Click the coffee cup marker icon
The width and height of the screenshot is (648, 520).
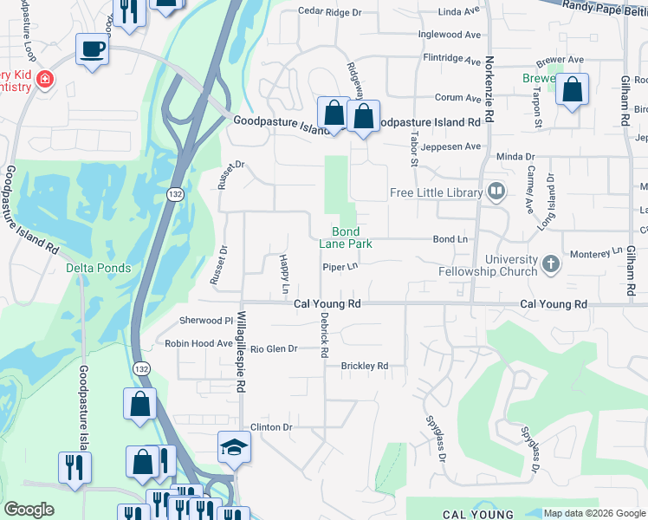[91, 49]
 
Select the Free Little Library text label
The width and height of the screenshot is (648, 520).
[436, 192]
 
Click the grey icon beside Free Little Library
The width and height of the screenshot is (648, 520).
[496, 191]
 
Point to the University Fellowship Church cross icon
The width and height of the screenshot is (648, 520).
[550, 263]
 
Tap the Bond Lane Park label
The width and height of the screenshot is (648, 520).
[352, 237]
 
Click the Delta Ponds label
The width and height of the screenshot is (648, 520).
[99, 268]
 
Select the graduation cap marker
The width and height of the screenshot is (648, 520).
[233, 446]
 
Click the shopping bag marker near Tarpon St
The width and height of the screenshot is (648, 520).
[572, 89]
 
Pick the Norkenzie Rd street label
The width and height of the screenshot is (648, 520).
[489, 89]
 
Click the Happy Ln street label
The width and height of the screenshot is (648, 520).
[284, 272]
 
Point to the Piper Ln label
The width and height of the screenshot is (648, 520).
[340, 268]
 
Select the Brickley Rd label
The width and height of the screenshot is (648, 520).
[364, 366]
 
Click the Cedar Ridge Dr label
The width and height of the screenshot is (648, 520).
[329, 12]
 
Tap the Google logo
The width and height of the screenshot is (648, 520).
[29, 510]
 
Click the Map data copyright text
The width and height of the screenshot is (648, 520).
[594, 513]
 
